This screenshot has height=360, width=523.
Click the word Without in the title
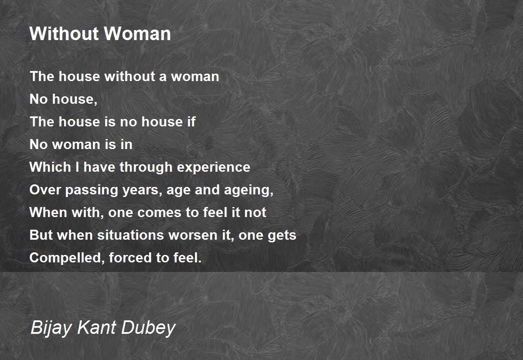coord(65,34)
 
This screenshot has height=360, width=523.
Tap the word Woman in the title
coord(138,34)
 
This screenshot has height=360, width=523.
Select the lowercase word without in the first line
coord(130,76)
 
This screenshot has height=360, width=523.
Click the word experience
coord(214,167)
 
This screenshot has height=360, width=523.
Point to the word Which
coord(50,167)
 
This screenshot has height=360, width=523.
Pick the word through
coord(146,167)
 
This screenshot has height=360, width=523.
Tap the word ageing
coord(249,190)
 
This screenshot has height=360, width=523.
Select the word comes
coord(159,213)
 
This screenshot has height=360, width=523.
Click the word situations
coord(130,235)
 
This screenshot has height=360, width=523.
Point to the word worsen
coord(193,235)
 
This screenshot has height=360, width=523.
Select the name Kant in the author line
coord(96,327)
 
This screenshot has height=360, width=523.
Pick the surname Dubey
coord(148,328)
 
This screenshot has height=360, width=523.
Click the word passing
coord(92,190)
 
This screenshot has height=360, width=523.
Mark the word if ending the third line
coord(191,122)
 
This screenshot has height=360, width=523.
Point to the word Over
coord(45,190)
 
